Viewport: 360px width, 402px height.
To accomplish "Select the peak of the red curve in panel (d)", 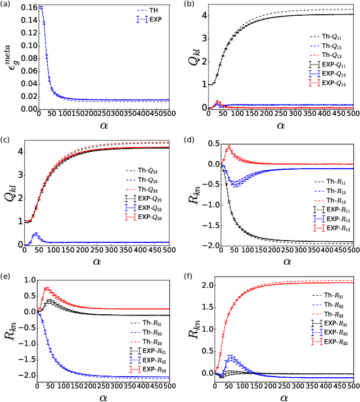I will pyautogui.click(x=228, y=147).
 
